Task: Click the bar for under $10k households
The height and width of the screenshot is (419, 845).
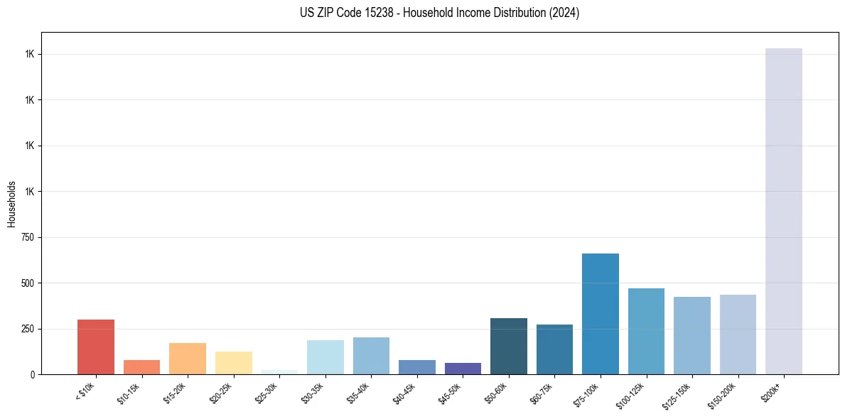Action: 96,347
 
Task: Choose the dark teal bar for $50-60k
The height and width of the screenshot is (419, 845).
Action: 509,347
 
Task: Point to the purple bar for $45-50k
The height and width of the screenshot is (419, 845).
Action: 463,369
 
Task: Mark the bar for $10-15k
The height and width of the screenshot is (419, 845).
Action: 141,367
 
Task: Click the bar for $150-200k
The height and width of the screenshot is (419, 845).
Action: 738,334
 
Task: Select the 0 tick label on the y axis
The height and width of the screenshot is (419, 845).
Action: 33,374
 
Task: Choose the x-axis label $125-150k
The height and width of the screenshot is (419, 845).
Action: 678,393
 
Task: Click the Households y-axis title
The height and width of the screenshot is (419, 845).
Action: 11,204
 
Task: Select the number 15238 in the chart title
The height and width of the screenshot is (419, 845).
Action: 371,13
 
